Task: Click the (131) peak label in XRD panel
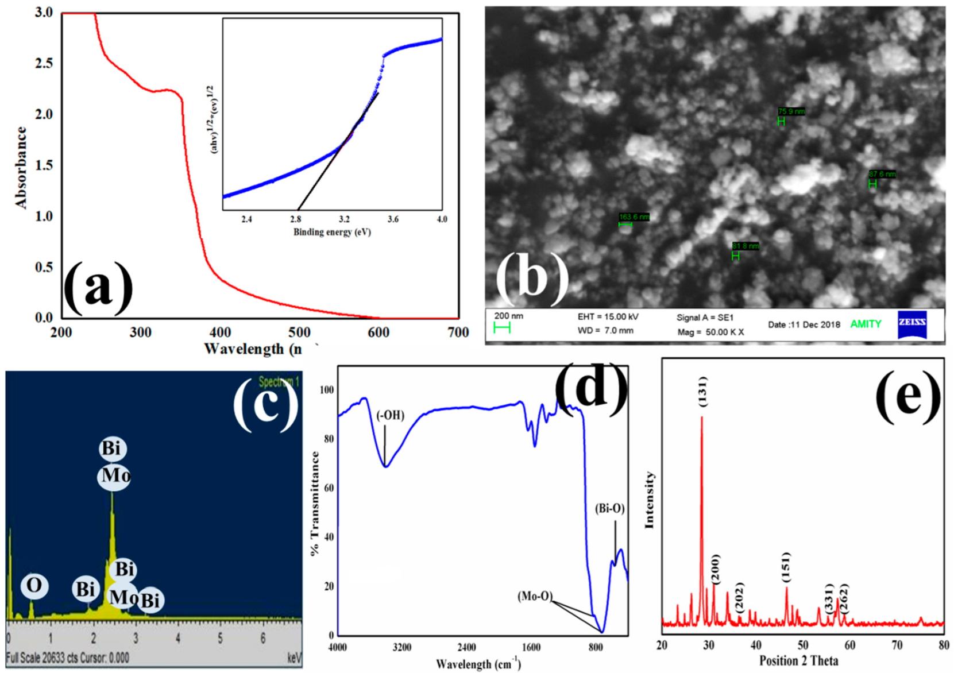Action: click(703, 392)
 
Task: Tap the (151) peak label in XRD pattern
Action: click(786, 567)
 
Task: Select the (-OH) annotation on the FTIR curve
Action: click(391, 416)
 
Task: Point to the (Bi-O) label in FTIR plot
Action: click(609, 509)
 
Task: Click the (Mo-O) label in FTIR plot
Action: click(535, 597)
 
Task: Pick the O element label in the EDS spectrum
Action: click(34, 586)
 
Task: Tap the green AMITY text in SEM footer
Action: click(866, 324)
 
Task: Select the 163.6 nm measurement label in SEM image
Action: click(634, 217)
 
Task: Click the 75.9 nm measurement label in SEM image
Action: click(791, 111)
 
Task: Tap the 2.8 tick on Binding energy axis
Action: click(296, 219)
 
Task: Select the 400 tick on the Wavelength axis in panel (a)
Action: click(220, 332)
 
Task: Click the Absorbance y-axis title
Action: click(21, 167)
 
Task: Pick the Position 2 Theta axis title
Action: click(798, 661)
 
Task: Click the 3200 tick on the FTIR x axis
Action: click(402, 648)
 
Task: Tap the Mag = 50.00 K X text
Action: click(710, 332)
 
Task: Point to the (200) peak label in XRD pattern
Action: click(714, 568)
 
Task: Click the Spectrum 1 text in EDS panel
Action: click(279, 382)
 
